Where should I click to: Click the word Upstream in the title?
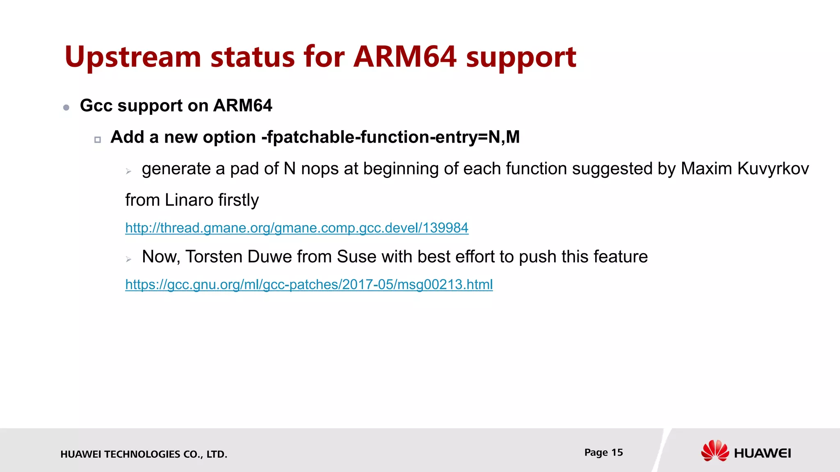132,57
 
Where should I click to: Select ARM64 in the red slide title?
405,57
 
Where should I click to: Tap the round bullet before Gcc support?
66,108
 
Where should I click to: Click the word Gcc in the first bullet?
96,106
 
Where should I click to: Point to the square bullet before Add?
98,140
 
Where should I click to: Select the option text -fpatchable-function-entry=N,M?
390,137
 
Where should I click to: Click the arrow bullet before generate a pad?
128,171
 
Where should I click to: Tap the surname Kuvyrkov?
773,169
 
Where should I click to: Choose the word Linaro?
189,200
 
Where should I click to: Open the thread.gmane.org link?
297,228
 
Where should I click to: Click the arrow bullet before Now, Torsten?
128,259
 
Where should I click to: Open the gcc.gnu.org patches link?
309,284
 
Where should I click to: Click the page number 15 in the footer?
617,452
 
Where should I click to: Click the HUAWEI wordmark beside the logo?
762,453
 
